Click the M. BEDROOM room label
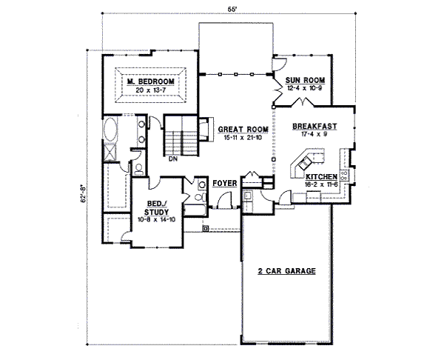(150, 81)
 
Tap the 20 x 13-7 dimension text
(150, 90)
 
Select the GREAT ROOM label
(243, 130)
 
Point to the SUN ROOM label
(305, 80)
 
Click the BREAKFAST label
(314, 126)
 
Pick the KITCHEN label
(321, 177)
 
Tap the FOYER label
(224, 184)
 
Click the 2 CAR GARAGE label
(286, 271)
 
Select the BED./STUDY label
(156, 208)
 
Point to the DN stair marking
(173, 159)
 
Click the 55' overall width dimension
(232, 9)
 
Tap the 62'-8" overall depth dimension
(84, 194)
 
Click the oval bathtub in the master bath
(110, 130)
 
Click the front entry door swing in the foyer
(225, 201)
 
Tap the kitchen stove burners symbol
(345, 175)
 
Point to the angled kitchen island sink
(305, 162)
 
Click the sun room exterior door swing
(280, 64)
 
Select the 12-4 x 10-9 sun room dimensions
(305, 88)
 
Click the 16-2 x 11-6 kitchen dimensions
(321, 184)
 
